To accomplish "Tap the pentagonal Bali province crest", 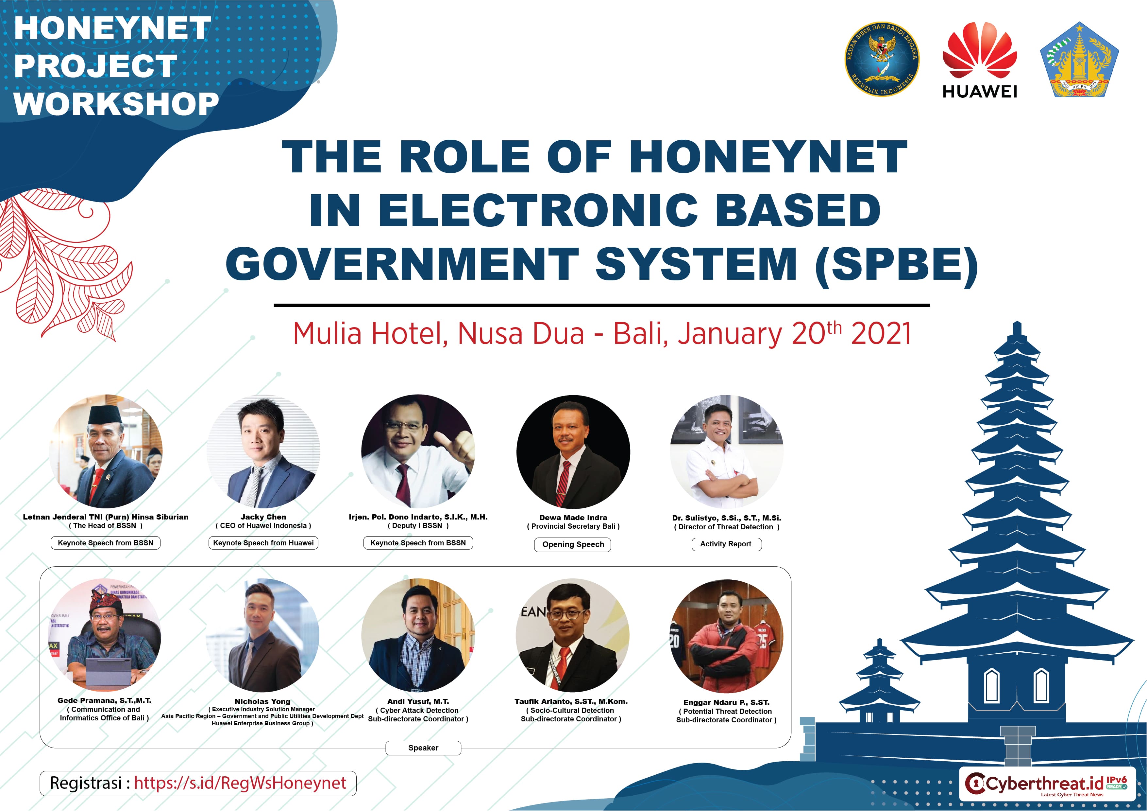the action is coord(1079,60).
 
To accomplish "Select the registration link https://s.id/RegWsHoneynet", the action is coord(240,783).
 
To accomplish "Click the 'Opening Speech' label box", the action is coord(573,544).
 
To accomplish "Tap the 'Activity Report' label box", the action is coord(726,544).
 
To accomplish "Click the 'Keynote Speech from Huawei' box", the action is coord(263,543).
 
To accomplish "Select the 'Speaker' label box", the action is coord(423,748).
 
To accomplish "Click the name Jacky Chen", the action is coord(263,517).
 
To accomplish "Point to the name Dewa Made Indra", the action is coord(573,518).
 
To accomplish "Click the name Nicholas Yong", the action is coord(262,701).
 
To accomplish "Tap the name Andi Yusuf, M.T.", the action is coord(418,701).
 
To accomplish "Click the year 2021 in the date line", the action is coord(881,334).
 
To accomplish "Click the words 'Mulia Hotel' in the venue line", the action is coord(370,334).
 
